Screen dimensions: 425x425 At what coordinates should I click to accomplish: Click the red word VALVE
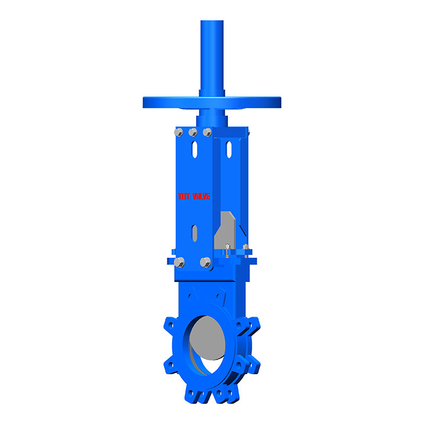(x=201, y=196)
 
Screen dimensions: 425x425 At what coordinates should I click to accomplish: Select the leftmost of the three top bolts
(x=180, y=132)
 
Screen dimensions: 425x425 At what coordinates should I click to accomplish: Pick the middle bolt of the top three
(x=193, y=132)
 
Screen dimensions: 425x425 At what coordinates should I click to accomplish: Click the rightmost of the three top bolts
(x=207, y=131)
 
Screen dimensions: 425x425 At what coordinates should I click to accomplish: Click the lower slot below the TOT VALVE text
(x=195, y=232)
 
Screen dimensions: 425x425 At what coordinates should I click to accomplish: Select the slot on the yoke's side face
(x=229, y=149)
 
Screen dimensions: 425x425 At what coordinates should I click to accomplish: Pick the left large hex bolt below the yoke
(x=180, y=262)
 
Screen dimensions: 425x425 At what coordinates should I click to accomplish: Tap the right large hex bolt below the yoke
(x=205, y=262)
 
